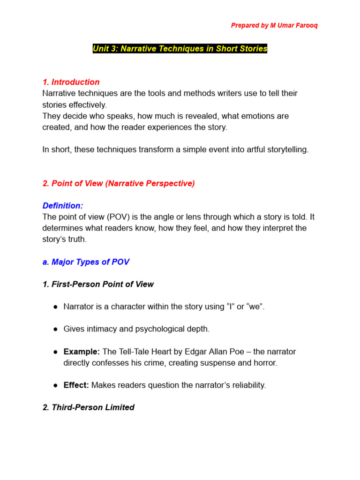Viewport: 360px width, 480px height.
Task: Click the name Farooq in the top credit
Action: [306, 25]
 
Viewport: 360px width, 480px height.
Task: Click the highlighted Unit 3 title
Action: [180, 49]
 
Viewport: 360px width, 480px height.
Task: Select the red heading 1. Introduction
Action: [71, 82]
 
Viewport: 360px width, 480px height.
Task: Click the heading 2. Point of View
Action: [118, 183]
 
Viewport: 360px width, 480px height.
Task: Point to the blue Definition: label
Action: [63, 206]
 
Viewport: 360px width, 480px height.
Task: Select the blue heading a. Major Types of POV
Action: [86, 262]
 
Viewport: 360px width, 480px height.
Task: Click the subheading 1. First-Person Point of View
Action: [98, 284]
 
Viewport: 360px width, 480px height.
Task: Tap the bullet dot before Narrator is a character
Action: [55, 307]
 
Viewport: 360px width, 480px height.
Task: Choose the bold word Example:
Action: [82, 352]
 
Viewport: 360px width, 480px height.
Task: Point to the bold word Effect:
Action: [76, 385]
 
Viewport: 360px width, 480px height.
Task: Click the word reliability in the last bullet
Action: [248, 385]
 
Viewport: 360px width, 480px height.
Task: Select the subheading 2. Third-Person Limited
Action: [88, 407]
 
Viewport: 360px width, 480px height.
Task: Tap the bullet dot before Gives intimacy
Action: [55, 329]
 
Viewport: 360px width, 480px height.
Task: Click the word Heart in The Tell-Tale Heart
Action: [158, 352]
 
